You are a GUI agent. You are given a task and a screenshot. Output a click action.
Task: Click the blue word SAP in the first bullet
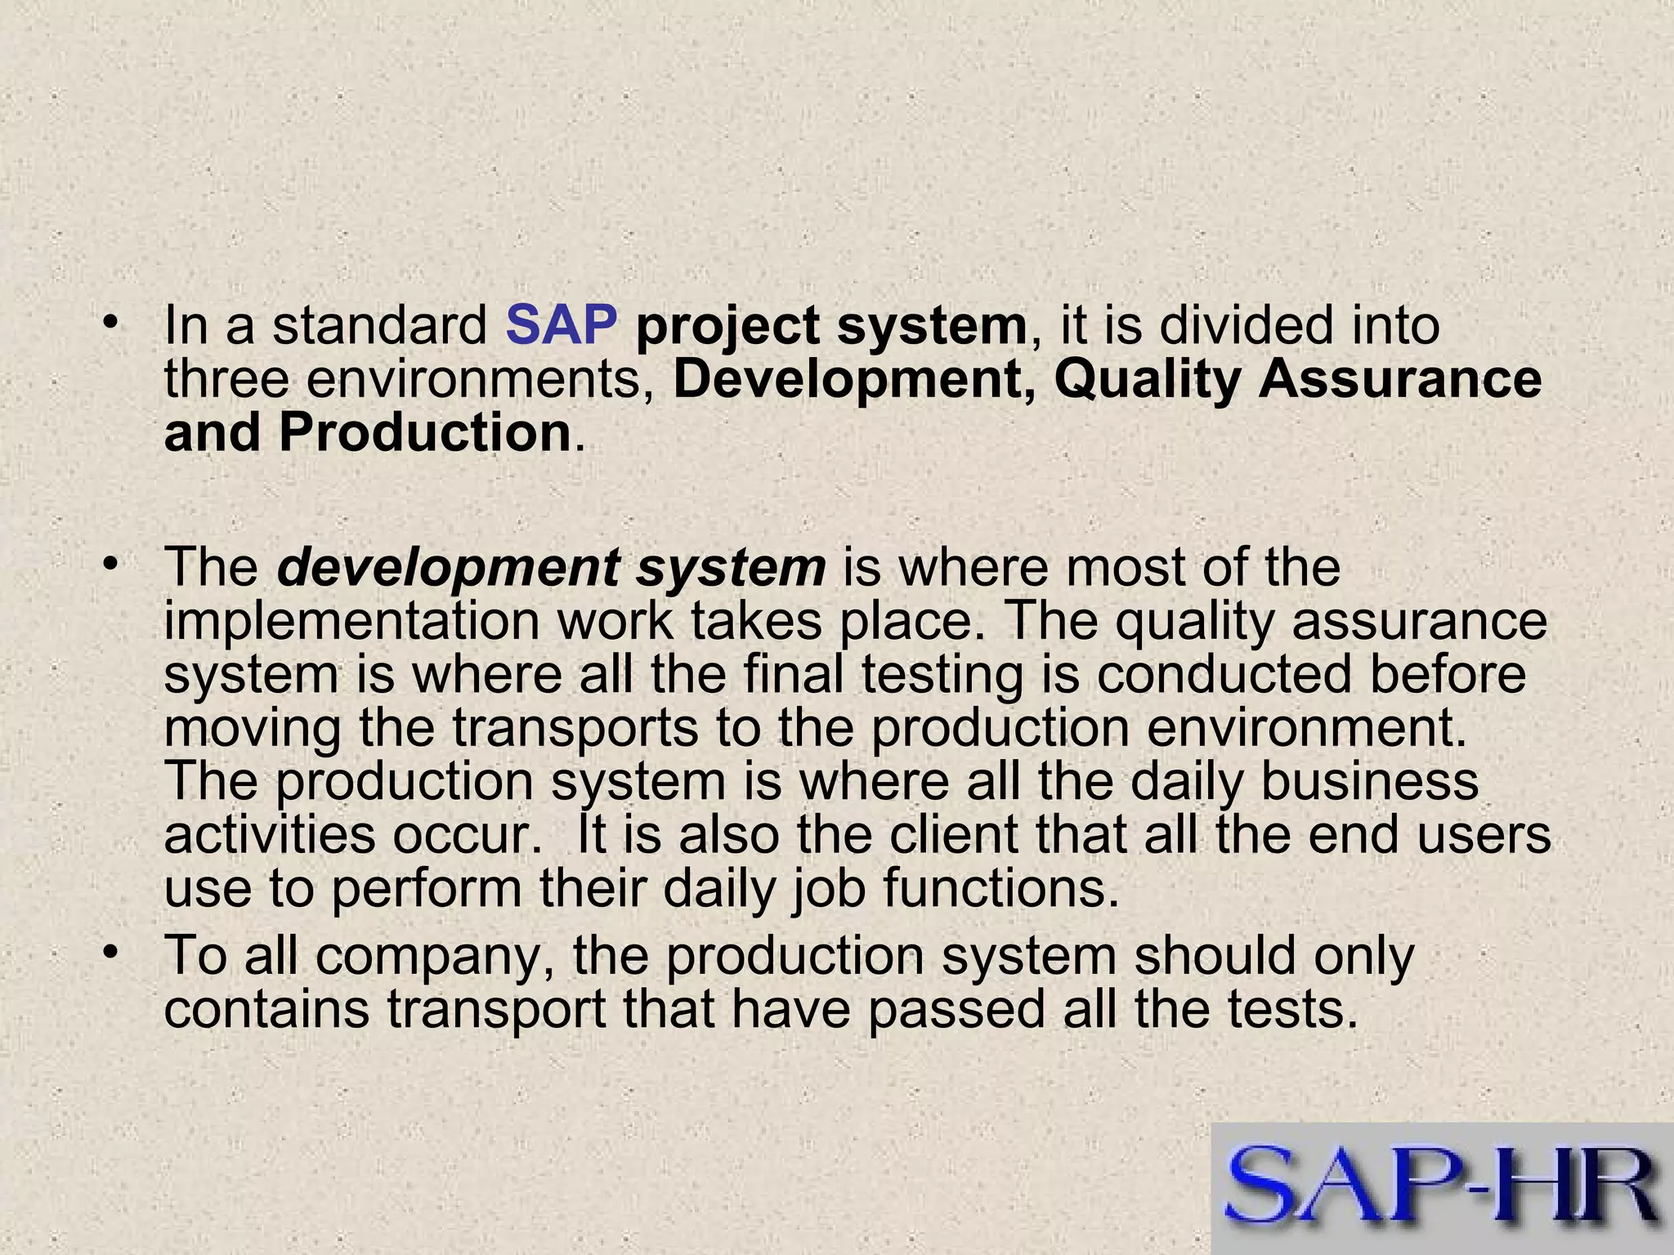(x=561, y=325)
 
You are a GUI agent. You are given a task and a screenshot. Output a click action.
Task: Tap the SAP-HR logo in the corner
(x=1443, y=1189)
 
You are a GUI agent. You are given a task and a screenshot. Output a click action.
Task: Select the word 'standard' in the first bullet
(x=379, y=325)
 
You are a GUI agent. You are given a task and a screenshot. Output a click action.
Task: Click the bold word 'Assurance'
(x=1399, y=380)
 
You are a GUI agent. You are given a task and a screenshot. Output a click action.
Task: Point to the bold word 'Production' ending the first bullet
(x=424, y=433)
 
